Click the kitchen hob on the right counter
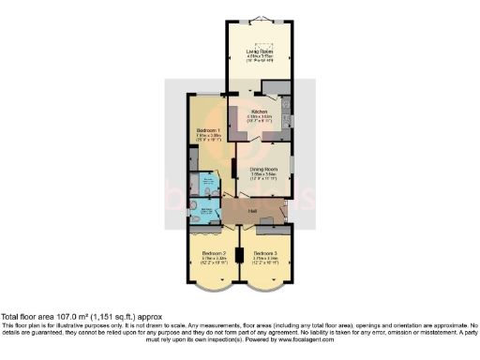(x=288, y=120)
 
